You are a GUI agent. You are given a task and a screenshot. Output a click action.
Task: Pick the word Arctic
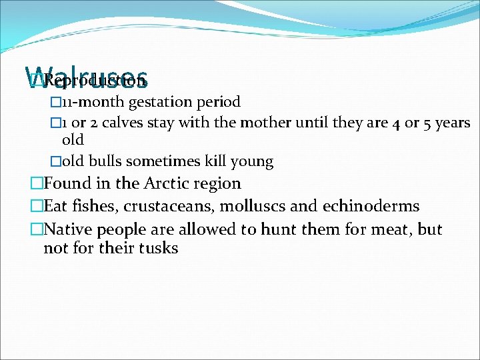(172, 183)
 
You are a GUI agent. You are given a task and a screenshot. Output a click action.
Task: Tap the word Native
(68, 230)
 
